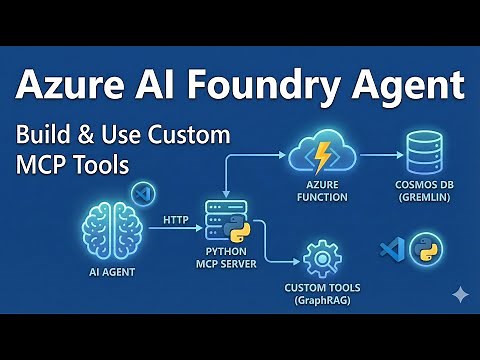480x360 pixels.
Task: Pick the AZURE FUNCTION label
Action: tap(322, 192)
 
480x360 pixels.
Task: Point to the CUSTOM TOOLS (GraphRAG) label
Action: tap(322, 294)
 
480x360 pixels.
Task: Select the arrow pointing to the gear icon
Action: tap(285, 263)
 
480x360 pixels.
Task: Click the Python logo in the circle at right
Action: tap(426, 249)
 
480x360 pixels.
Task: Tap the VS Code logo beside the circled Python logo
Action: tap(391, 250)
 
